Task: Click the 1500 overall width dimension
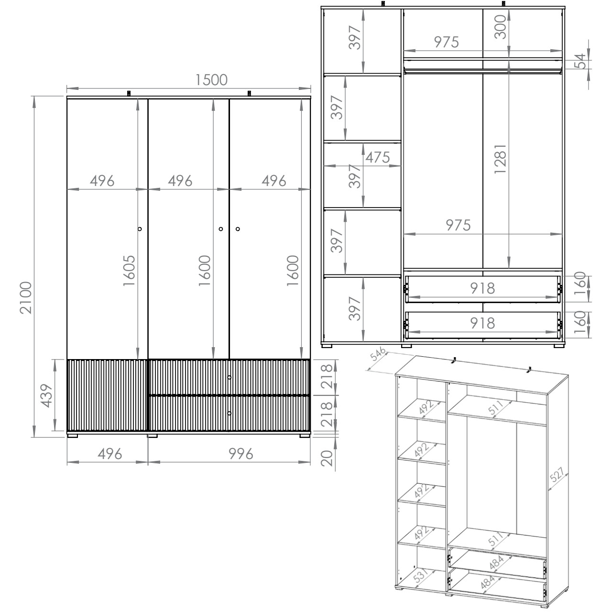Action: [211, 80]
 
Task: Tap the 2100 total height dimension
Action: [26, 297]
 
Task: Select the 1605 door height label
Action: [129, 270]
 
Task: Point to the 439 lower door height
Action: [47, 396]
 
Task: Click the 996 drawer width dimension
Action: [240, 454]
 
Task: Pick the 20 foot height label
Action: [327, 458]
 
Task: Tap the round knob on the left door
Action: [140, 229]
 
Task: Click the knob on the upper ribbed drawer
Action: [229, 377]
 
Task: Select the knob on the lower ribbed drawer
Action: [229, 413]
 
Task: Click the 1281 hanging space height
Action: [500, 158]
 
